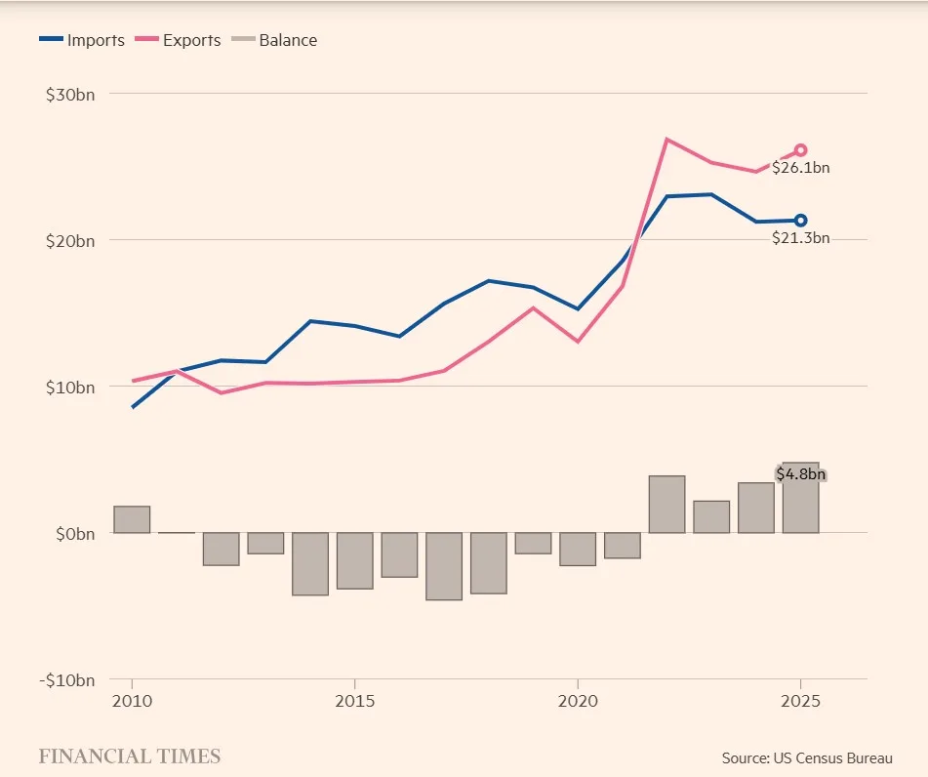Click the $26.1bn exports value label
[800, 168]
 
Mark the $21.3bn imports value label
[800, 238]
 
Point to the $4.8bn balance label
[801, 474]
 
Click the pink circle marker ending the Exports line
[800, 150]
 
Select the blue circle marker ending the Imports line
[800, 221]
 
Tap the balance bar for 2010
[132, 519]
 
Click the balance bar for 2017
[444, 566]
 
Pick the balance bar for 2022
[666, 505]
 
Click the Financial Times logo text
[129, 757]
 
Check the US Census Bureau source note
[806, 757]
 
